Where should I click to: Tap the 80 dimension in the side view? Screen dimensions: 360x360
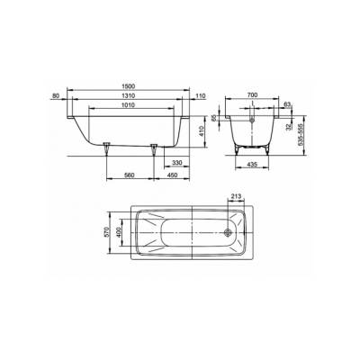coord(56,94)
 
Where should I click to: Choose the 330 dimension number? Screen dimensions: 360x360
coord(177,164)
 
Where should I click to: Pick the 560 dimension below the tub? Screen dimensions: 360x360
coord(130,175)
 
